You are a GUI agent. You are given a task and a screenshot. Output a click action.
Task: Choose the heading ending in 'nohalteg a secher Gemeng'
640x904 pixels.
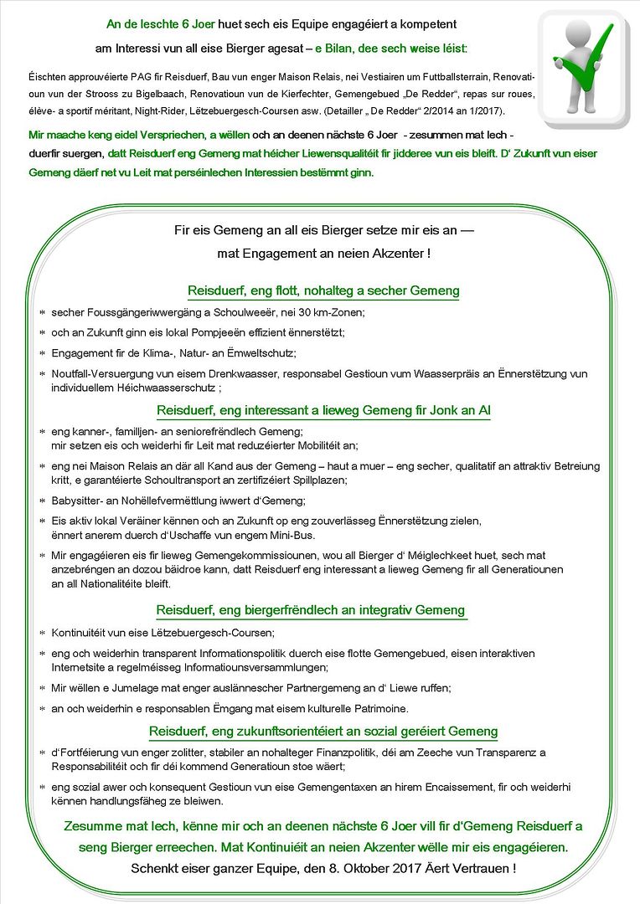323,290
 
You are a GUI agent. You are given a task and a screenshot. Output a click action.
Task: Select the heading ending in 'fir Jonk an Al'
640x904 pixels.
323,410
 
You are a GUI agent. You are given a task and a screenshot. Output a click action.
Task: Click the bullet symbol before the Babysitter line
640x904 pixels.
41,501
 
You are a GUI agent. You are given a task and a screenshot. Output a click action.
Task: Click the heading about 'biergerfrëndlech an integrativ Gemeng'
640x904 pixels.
310,610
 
